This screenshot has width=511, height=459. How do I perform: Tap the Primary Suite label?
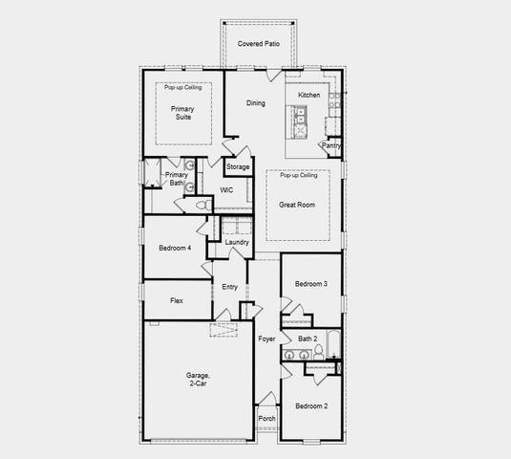point(182,114)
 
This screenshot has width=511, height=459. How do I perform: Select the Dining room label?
point(256,103)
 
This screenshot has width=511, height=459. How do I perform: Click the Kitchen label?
point(309,95)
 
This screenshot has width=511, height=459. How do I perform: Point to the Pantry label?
point(331,145)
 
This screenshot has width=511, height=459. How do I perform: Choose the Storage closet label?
point(238,167)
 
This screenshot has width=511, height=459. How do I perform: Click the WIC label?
point(226,190)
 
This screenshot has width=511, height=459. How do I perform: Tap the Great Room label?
point(297,205)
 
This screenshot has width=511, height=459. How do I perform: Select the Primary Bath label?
point(176,179)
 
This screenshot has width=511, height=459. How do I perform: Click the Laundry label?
point(237,242)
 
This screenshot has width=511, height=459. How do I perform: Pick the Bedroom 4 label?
point(175,248)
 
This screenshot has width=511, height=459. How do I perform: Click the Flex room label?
point(177,300)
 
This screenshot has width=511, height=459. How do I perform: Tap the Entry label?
point(230,287)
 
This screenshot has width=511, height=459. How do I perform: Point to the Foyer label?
point(266,339)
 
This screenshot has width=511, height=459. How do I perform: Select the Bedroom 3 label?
point(311,284)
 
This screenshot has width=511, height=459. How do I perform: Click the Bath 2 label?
point(308,339)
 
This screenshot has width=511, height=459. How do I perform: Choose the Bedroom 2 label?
point(311,406)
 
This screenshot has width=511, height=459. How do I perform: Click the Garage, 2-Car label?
point(199,381)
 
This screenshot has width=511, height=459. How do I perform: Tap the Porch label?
point(267,418)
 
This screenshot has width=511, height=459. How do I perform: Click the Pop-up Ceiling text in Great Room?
point(298,176)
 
